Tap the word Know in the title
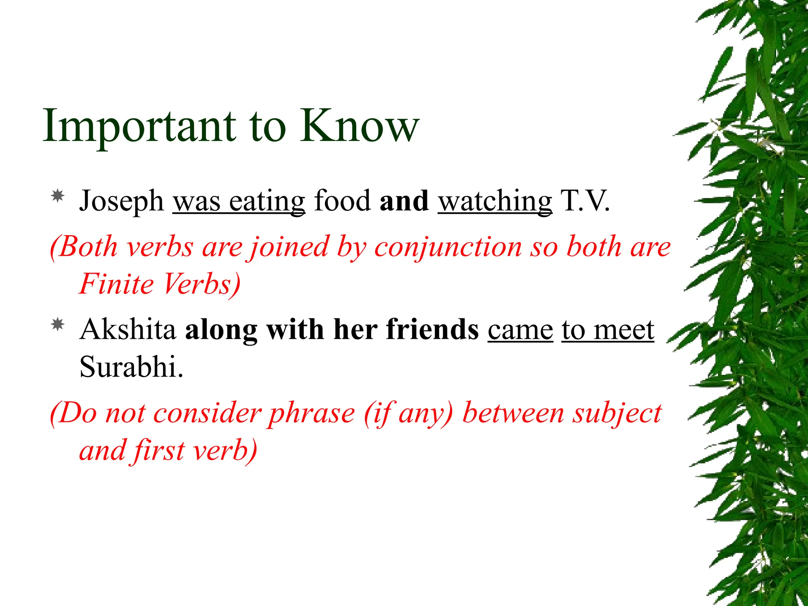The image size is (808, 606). coord(359,126)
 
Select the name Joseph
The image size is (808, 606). coord(121,201)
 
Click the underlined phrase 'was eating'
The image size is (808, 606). coord(239,201)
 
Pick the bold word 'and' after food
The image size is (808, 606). coord(404,201)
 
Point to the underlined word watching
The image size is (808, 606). coord(495,201)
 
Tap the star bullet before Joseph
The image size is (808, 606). coord(58,196)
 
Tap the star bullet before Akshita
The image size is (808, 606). coord(58,324)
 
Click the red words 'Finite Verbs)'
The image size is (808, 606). coord(160,284)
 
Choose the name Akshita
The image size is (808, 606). coord(127,329)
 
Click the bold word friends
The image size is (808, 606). coord(432,329)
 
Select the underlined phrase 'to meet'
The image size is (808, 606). coord(608,329)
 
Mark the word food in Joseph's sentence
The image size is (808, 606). coord(342,201)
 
